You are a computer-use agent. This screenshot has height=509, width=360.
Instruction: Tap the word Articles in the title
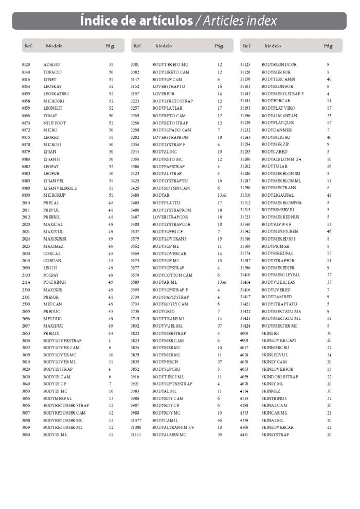pyautogui.click(x=225, y=21)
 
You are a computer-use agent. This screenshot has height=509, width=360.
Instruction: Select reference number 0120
pyautogui.click(x=26, y=65)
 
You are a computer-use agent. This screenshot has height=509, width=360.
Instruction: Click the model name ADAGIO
pyautogui.click(x=52, y=65)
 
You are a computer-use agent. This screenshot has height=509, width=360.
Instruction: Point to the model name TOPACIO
pyautogui.click(x=52, y=72)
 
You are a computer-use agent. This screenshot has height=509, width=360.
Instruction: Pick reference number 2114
pyautogui.click(x=26, y=283)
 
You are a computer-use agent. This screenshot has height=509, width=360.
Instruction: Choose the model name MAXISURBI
pyautogui.click(x=56, y=239)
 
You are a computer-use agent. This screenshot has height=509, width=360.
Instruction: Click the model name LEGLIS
pyautogui.click(x=50, y=268)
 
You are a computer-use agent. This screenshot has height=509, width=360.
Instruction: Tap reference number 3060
pyautogui.click(x=26, y=435)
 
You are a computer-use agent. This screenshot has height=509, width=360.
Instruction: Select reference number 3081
pyautogui.click(x=135, y=65)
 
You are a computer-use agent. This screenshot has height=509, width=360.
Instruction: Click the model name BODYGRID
pyautogui.click(x=164, y=312)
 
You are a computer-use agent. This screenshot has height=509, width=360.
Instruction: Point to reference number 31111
pyautogui.click(x=136, y=435)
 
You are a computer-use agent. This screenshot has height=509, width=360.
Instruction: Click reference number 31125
pyautogui.click(x=245, y=65)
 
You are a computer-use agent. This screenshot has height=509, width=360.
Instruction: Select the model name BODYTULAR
pyautogui.click(x=275, y=167)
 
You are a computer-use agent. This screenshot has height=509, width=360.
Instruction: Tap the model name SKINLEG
pyautogui.click(x=271, y=334)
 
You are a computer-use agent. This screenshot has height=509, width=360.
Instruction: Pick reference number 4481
pyautogui.click(x=244, y=435)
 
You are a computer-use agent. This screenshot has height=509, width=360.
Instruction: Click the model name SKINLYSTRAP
pyautogui.click(x=275, y=435)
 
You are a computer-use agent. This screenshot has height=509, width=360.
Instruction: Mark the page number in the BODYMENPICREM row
pyautogui.click(x=329, y=232)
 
